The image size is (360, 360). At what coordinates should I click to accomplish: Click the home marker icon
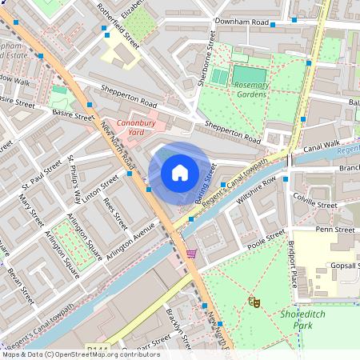180,173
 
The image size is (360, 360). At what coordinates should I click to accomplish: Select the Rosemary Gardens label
252,88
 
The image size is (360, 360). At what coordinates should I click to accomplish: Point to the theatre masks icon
254,302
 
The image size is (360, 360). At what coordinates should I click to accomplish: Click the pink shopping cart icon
191,254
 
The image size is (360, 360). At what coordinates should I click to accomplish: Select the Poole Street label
265,238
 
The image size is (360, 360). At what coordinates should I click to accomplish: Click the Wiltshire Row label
256,196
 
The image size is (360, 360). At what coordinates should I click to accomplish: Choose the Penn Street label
334,230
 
